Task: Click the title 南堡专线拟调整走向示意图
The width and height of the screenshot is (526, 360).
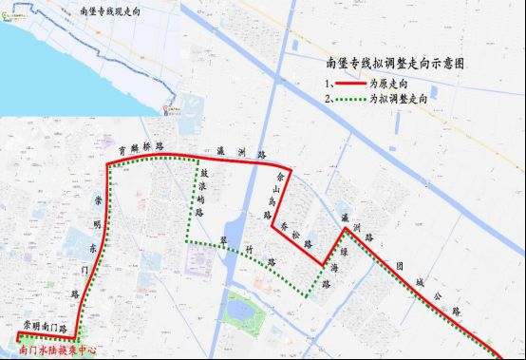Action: point(395,65)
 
